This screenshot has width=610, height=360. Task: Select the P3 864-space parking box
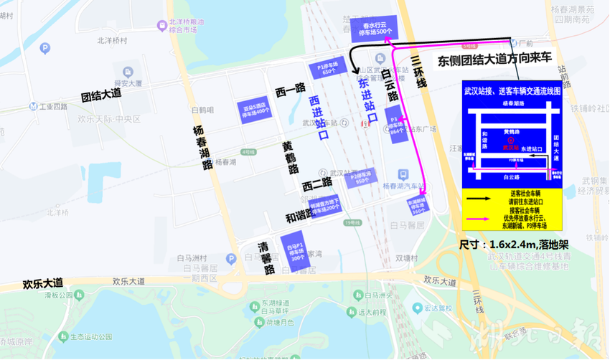395,123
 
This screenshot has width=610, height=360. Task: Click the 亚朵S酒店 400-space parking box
256,108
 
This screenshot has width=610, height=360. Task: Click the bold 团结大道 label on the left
101,95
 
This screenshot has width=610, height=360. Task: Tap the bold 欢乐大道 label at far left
43,283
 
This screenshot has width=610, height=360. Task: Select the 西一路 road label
290,90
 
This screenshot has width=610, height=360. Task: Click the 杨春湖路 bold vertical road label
202,148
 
